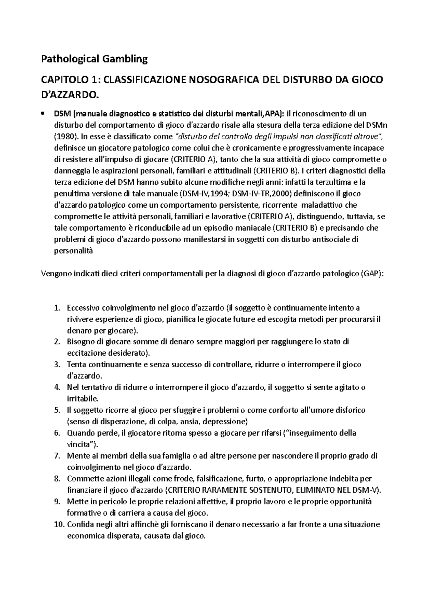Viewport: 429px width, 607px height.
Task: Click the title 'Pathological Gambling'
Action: pyautogui.click(x=94, y=59)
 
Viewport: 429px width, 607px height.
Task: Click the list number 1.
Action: pyautogui.click(x=56, y=308)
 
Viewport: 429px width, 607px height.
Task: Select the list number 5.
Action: pyautogui.click(x=56, y=410)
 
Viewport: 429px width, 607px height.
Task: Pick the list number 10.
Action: pyautogui.click(x=58, y=524)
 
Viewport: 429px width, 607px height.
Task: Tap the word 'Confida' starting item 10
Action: pyautogui.click(x=79, y=524)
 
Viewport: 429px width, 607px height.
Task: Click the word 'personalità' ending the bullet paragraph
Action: pyautogui.click(x=73, y=251)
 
